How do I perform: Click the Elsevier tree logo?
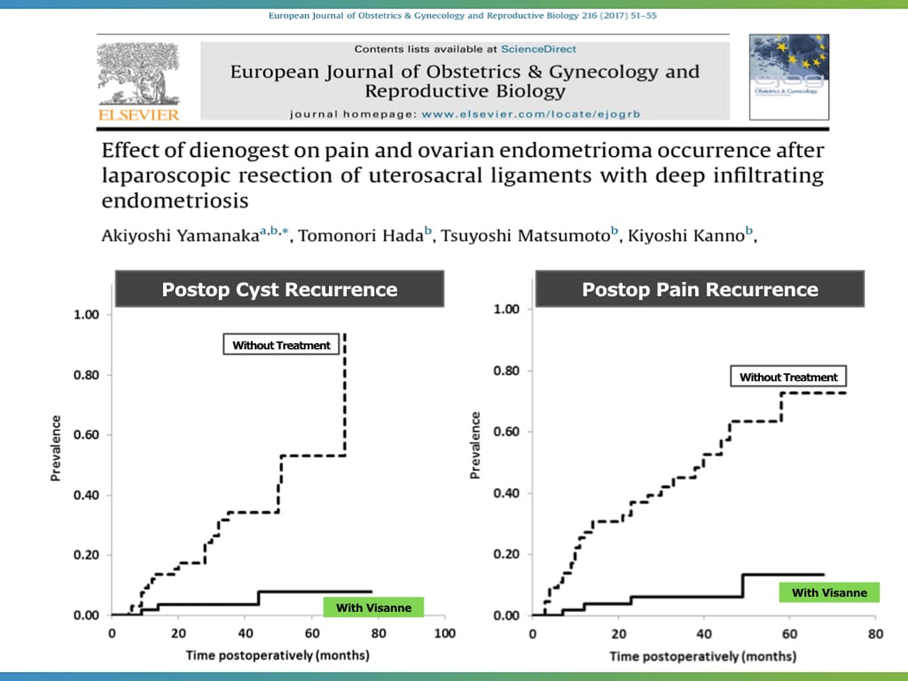[138, 73]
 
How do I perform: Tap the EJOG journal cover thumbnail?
[788, 78]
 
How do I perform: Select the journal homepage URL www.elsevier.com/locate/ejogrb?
[531, 114]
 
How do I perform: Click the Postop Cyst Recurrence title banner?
[280, 289]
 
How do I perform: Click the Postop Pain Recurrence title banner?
[700, 289]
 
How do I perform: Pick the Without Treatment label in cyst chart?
[281, 345]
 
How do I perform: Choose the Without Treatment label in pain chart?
[788, 377]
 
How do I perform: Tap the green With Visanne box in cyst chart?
[373, 607]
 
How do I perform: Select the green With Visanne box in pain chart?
[829, 593]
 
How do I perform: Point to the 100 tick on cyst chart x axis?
[444, 634]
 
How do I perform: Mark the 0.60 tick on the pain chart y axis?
[509, 432]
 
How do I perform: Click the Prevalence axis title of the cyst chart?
[55, 449]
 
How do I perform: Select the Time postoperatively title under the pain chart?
[702, 656]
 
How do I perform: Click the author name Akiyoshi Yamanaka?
[180, 238]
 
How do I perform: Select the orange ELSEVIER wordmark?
[138, 115]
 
